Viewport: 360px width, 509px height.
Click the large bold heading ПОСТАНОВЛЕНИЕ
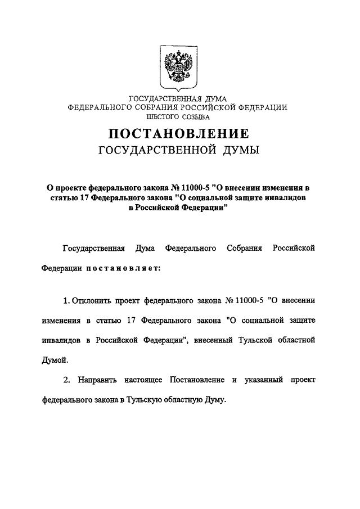(178, 134)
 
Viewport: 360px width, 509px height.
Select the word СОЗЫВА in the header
(195, 118)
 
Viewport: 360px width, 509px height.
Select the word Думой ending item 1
(55, 359)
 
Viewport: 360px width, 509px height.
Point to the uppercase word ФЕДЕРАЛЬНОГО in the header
(98, 108)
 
